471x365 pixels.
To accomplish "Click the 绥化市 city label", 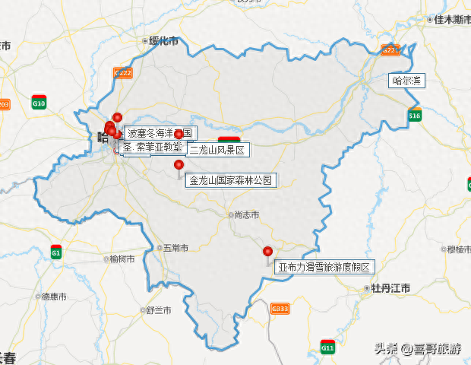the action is [x=163, y=41].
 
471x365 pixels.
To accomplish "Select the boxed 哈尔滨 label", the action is [x=407, y=80].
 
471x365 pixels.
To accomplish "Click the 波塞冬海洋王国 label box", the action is [x=160, y=133].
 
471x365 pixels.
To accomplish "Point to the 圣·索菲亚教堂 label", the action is [x=153, y=147].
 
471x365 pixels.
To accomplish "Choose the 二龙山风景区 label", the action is [x=217, y=150].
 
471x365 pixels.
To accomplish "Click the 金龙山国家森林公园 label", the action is [x=231, y=180].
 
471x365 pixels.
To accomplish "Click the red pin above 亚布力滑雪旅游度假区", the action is [x=267, y=252].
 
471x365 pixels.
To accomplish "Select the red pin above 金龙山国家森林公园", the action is [x=179, y=164].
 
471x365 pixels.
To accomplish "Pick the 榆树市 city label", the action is [x=122, y=259].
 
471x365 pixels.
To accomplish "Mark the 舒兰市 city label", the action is [x=159, y=310].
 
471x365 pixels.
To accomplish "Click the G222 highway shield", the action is [x=123, y=72].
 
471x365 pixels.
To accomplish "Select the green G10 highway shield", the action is [x=39, y=103].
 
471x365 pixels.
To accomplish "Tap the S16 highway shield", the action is [x=414, y=116].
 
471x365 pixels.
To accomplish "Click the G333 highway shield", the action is [x=280, y=308].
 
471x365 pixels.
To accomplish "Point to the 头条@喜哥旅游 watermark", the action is [x=417, y=349].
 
